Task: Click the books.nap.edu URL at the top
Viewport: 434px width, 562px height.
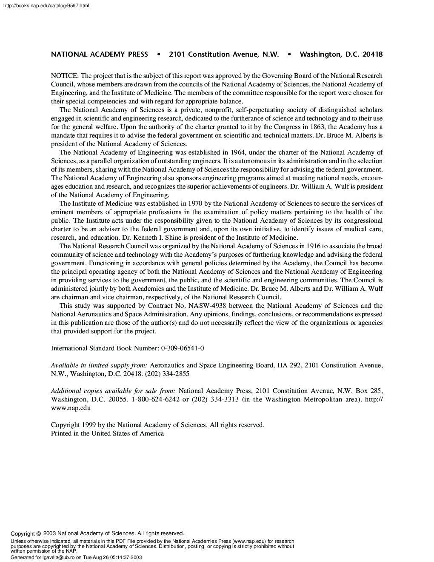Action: click(45, 6)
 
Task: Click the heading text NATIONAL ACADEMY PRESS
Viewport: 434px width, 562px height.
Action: click(100, 54)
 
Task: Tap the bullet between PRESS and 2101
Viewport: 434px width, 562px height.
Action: click(158, 54)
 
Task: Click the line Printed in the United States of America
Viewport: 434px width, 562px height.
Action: click(107, 433)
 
